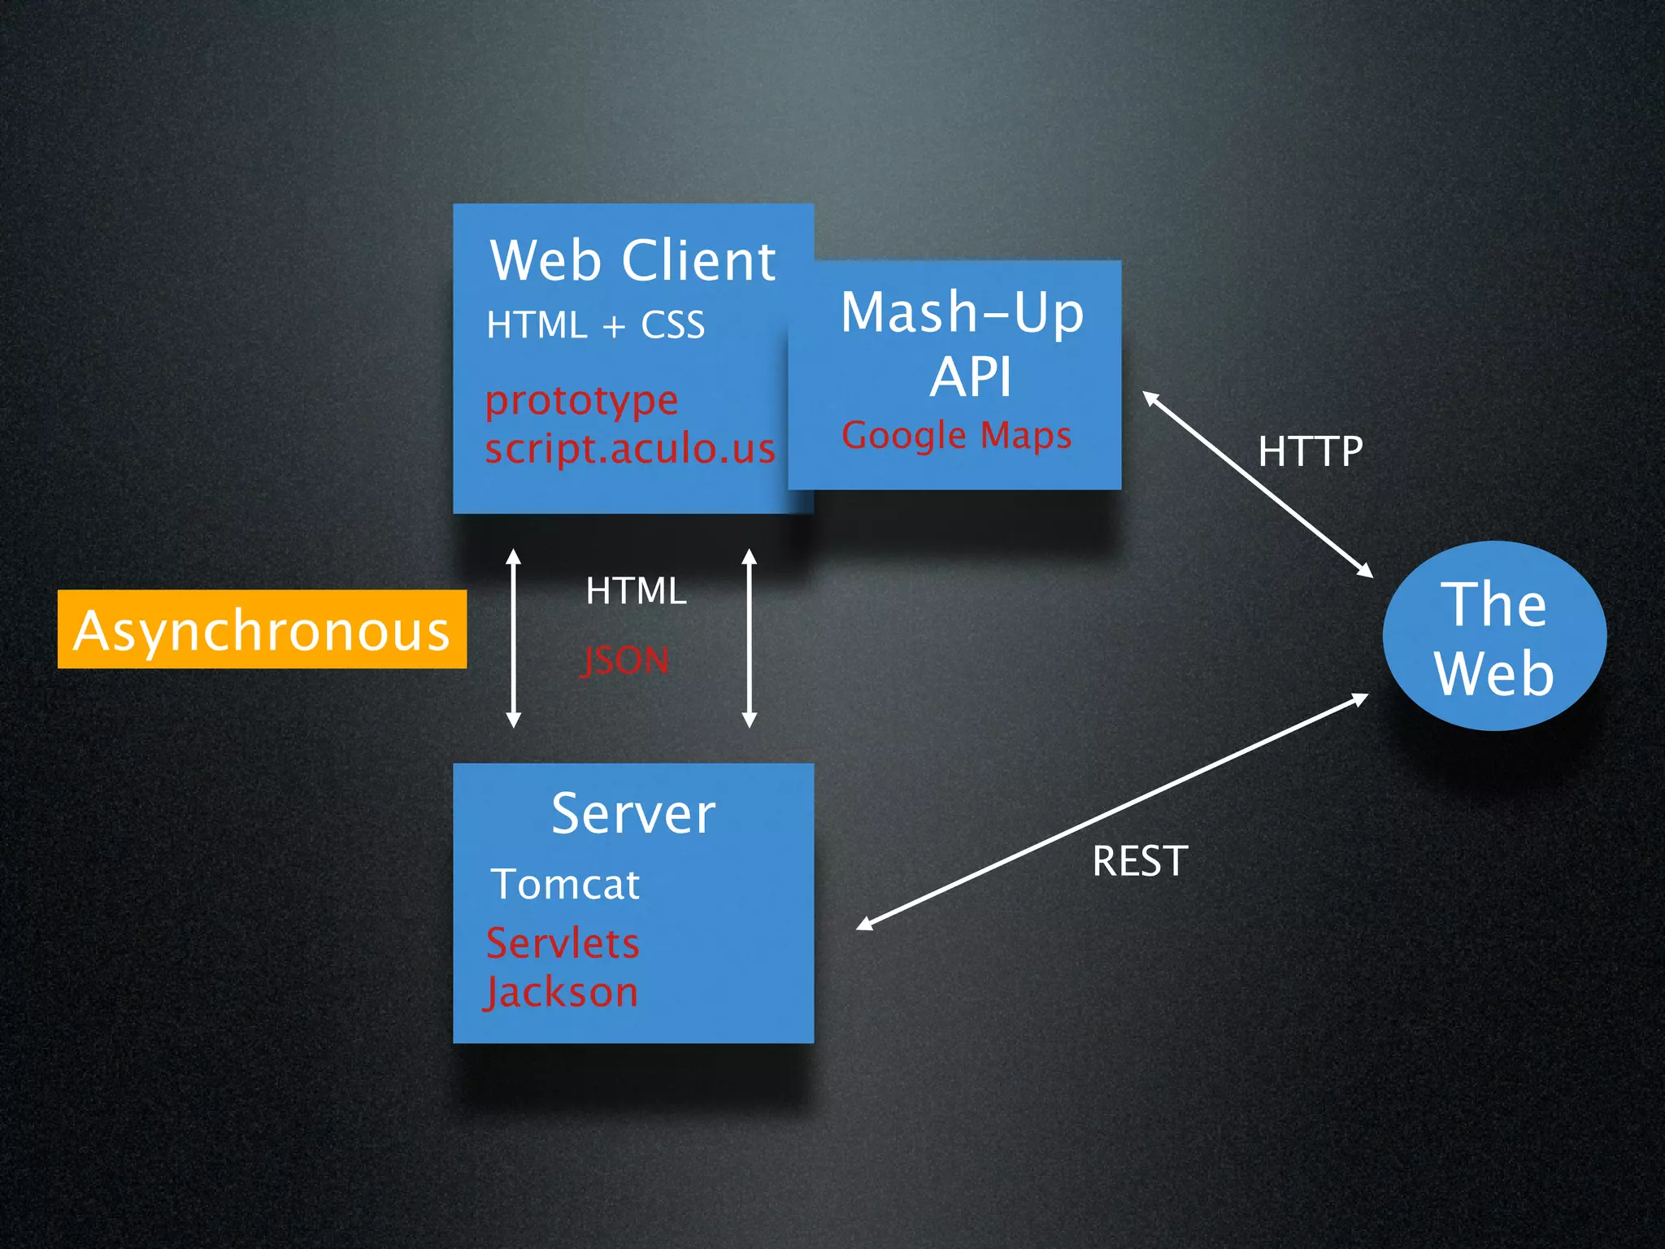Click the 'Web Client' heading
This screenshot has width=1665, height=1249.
[633, 261]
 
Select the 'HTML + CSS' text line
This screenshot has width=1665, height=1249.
[595, 325]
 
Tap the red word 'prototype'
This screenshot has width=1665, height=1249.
[581, 401]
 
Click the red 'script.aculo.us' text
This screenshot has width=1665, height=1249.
[630, 449]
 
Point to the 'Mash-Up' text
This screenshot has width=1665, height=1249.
[962, 312]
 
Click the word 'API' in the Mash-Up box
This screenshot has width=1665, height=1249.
[971, 377]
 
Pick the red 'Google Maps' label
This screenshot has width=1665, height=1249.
[956, 435]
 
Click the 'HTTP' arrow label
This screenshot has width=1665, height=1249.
[1310, 451]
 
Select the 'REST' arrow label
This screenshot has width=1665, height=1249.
[1140, 861]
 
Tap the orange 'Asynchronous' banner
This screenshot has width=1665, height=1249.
[262, 629]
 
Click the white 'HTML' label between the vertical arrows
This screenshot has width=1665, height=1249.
[636, 591]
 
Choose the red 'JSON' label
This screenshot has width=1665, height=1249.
[625, 660]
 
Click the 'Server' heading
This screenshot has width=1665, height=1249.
[633, 813]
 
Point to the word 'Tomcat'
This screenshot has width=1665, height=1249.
[565, 884]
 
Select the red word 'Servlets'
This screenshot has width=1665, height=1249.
[563, 943]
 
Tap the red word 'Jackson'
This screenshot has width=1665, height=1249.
[561, 993]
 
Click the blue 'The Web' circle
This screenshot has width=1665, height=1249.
[1494, 636]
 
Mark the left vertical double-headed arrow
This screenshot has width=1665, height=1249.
[513, 638]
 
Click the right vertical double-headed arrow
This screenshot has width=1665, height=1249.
[750, 638]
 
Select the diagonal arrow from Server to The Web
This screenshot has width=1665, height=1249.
[1112, 812]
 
